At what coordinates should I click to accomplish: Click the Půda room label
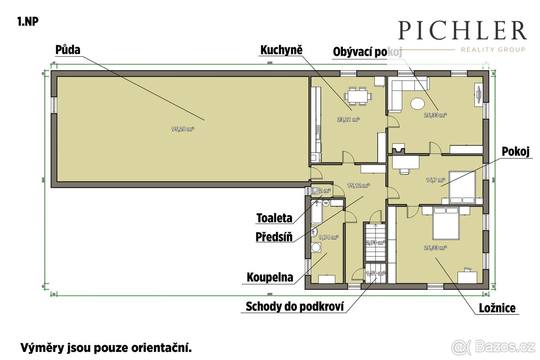click(68, 49)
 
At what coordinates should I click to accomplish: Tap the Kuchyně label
click(281, 49)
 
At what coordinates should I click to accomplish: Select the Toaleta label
click(274, 218)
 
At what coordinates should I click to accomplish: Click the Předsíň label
click(274, 237)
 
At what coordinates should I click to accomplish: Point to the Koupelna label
click(270, 277)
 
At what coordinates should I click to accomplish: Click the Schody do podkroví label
click(295, 307)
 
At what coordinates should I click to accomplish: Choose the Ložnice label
click(497, 308)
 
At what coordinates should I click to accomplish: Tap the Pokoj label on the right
click(516, 152)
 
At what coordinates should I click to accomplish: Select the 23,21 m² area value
click(348, 120)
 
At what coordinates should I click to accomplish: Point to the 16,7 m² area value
click(435, 180)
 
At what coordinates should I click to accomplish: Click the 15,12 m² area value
click(358, 185)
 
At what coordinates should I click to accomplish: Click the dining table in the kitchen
click(358, 96)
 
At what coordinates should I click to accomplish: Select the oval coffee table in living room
click(417, 103)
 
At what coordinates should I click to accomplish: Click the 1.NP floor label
click(27, 22)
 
